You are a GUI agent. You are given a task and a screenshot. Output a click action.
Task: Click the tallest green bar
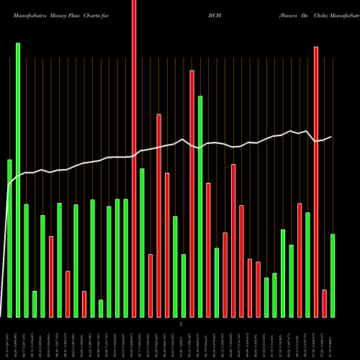pyautogui.click(x=18, y=180)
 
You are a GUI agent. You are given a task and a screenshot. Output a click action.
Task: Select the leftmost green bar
pyautogui.click(x=9, y=238)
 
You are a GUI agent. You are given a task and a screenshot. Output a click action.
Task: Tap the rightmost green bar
pyautogui.click(x=333, y=276)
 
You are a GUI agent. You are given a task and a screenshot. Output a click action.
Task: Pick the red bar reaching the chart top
pyautogui.click(x=134, y=158)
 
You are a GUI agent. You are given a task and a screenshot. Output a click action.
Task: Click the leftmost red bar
pyautogui.click(x=51, y=276)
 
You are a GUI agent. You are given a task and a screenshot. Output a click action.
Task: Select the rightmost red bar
pyautogui.click(x=324, y=303)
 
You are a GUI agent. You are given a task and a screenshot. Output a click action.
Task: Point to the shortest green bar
pyautogui.click(x=101, y=308)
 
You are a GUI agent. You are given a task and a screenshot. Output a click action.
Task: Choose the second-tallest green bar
pyautogui.click(x=200, y=207)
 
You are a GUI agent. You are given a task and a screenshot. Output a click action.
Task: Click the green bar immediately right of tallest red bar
pyautogui.click(x=142, y=243)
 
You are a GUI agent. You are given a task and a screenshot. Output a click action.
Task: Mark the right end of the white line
pyautogui.click(x=331, y=137)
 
